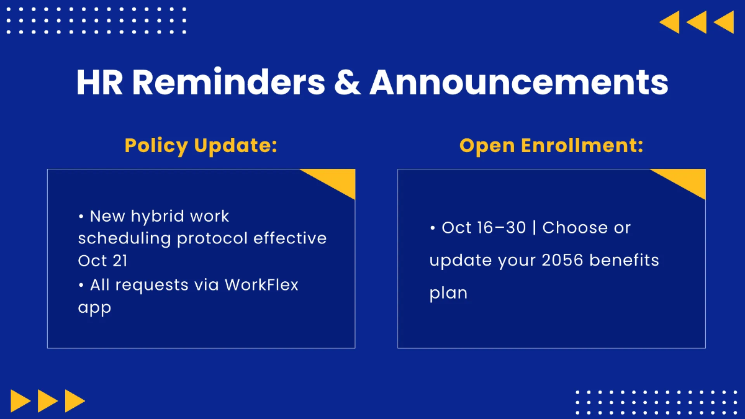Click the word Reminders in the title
[228, 82]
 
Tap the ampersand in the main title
[347, 83]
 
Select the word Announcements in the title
[519, 82]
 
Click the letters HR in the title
[99, 83]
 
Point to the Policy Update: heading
[201, 146]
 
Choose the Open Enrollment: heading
[551, 146]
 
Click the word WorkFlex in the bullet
[261, 285]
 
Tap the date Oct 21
[102, 260]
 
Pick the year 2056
[562, 259]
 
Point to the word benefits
[625, 259]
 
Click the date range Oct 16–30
[484, 227]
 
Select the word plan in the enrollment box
[448, 293]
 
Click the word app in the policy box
[94, 308]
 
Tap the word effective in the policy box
[290, 238]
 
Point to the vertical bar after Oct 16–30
[534, 228]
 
